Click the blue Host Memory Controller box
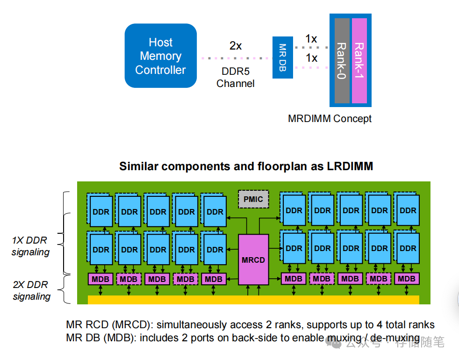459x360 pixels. coord(160,56)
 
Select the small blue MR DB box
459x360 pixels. coord(282,58)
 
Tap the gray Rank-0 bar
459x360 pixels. coord(342,61)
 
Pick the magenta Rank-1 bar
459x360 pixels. coord(359,61)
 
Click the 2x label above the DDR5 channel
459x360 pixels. coord(236,46)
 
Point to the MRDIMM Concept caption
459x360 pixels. coord(330,118)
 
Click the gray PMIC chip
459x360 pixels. coord(253,199)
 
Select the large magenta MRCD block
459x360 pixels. coord(253,259)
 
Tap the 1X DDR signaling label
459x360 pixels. coord(30,246)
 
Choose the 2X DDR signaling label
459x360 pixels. coord(31,290)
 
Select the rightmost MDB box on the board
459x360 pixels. coord(406,279)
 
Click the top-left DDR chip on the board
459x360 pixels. coord(100,211)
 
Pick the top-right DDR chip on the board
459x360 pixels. coord(408,210)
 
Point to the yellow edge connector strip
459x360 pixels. coord(253,300)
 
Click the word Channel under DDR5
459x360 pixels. coord(236,84)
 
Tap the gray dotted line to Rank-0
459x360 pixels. coord(311,48)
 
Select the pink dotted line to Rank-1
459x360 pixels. coord(311,67)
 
